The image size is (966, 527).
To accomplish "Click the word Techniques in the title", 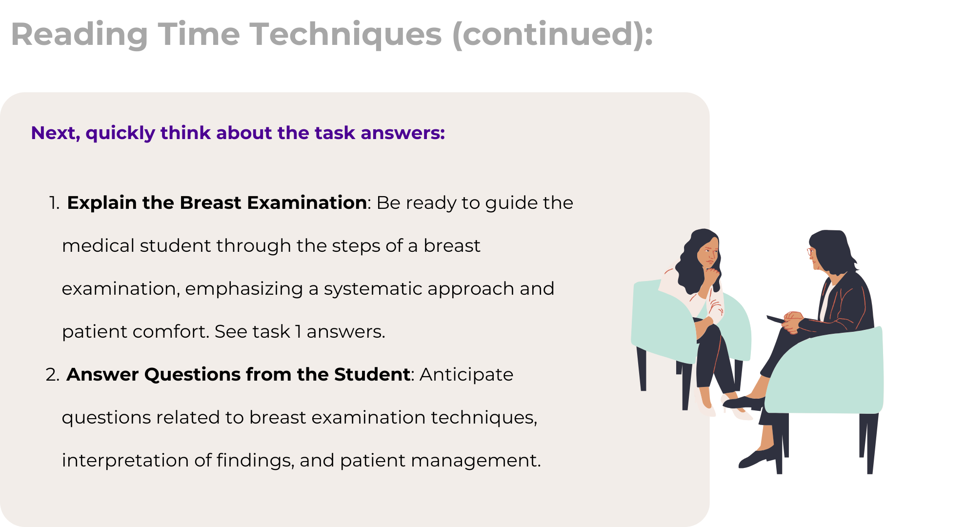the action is (346, 35).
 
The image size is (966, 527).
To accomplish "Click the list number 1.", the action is (54, 203).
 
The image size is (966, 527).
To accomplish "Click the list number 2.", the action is (53, 375).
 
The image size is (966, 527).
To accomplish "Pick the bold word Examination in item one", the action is (307, 203).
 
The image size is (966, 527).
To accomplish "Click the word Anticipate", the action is (466, 375).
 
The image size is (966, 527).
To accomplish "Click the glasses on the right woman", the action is (811, 252).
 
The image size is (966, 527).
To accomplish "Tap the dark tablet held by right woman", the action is (776, 320).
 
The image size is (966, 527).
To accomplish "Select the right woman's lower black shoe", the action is (757, 457).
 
